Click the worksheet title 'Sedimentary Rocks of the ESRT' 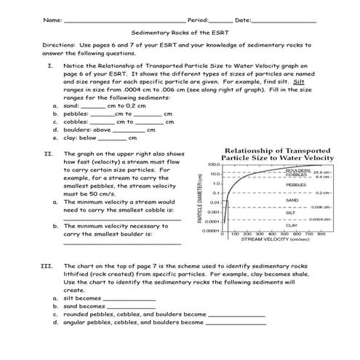click(x=180, y=33)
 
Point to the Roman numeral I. click(x=48, y=65)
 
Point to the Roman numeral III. click(x=48, y=266)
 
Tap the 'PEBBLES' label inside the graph click(x=296, y=185)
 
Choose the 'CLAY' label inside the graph click(x=292, y=225)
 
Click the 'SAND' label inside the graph click(x=292, y=199)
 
